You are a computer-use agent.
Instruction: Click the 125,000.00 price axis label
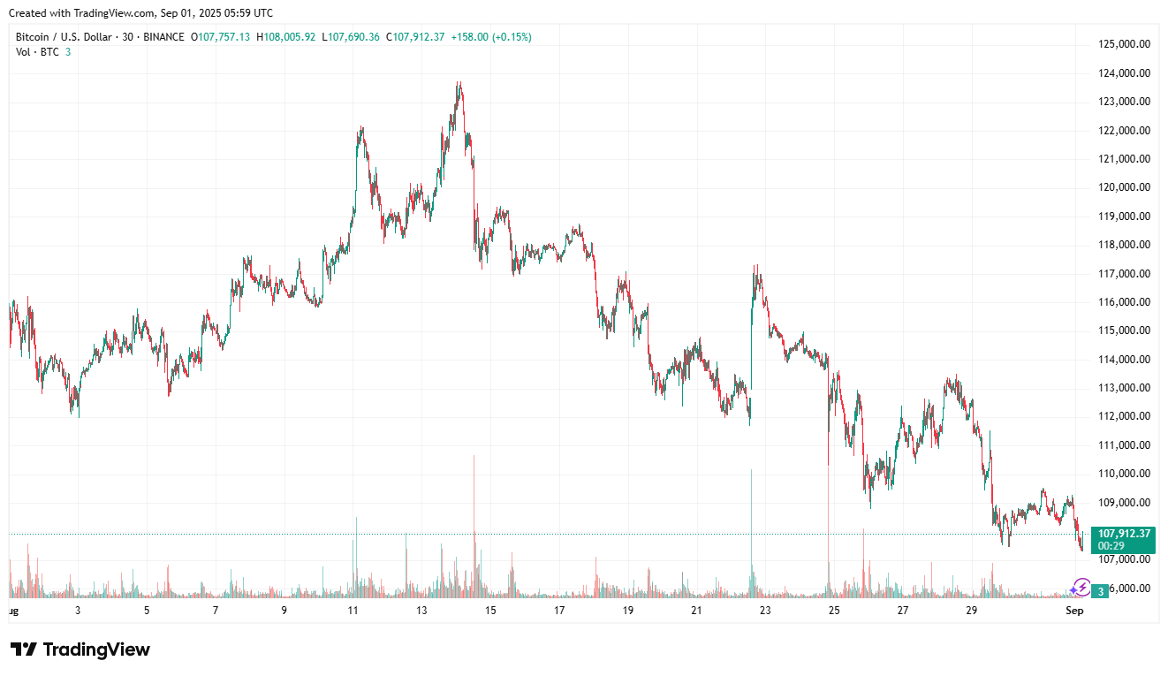1124,44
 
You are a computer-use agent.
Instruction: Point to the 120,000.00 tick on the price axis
1124,187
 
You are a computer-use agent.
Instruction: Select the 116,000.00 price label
1124,302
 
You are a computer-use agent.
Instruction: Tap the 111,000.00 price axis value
1124,445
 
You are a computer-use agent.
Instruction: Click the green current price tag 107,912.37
1123,534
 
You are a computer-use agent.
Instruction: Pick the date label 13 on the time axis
421,611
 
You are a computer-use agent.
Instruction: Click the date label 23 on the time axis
765,611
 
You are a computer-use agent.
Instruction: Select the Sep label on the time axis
1074,611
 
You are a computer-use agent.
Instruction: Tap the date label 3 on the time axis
78,611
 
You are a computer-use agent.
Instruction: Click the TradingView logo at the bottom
80,649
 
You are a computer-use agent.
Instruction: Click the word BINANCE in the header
163,37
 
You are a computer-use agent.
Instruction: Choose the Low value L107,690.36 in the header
352,37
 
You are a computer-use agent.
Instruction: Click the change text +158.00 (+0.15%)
491,37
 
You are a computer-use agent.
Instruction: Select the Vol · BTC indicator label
38,52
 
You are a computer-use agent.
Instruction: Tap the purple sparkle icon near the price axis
1080,587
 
